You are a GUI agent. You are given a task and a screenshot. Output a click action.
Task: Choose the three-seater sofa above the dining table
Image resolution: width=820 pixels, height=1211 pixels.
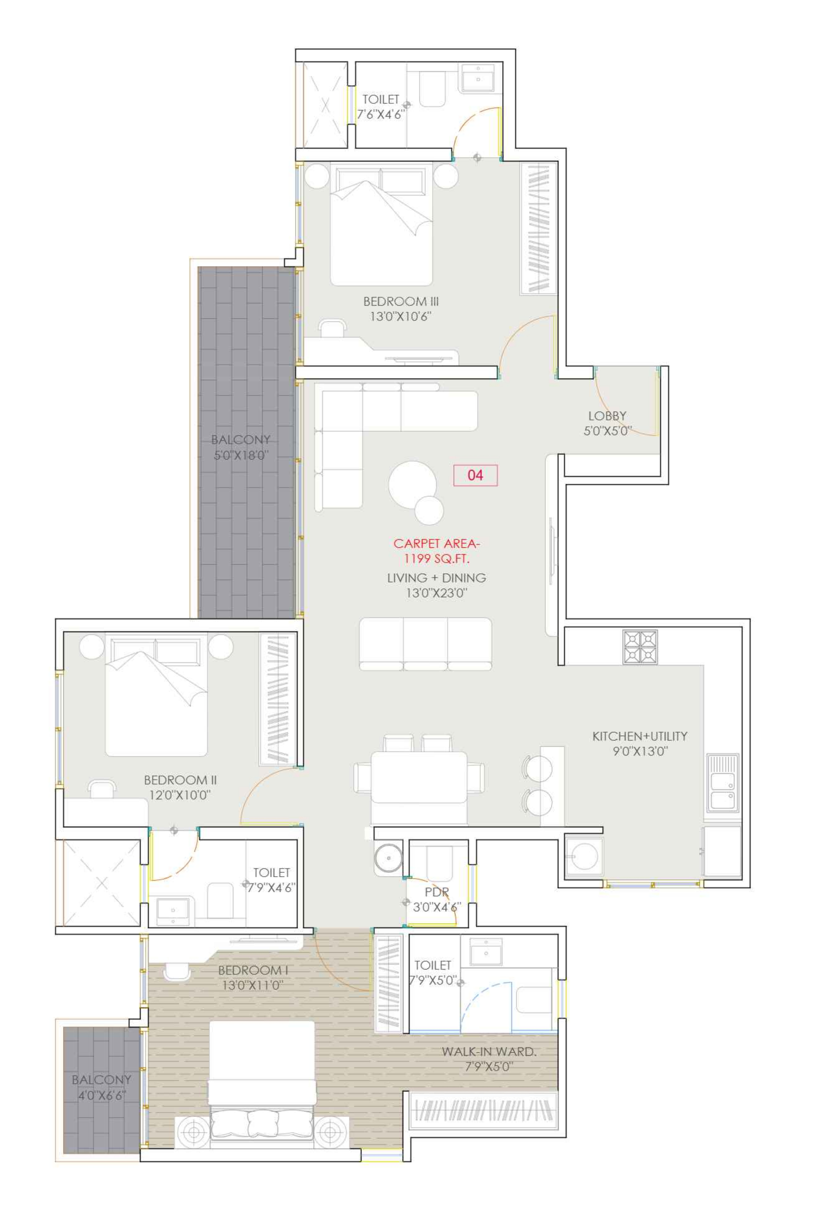coord(425,644)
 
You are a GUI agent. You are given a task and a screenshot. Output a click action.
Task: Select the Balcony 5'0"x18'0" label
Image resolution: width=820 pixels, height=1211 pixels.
coord(241,447)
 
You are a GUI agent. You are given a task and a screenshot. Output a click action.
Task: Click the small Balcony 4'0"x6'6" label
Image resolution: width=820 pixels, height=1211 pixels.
coord(101,1087)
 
